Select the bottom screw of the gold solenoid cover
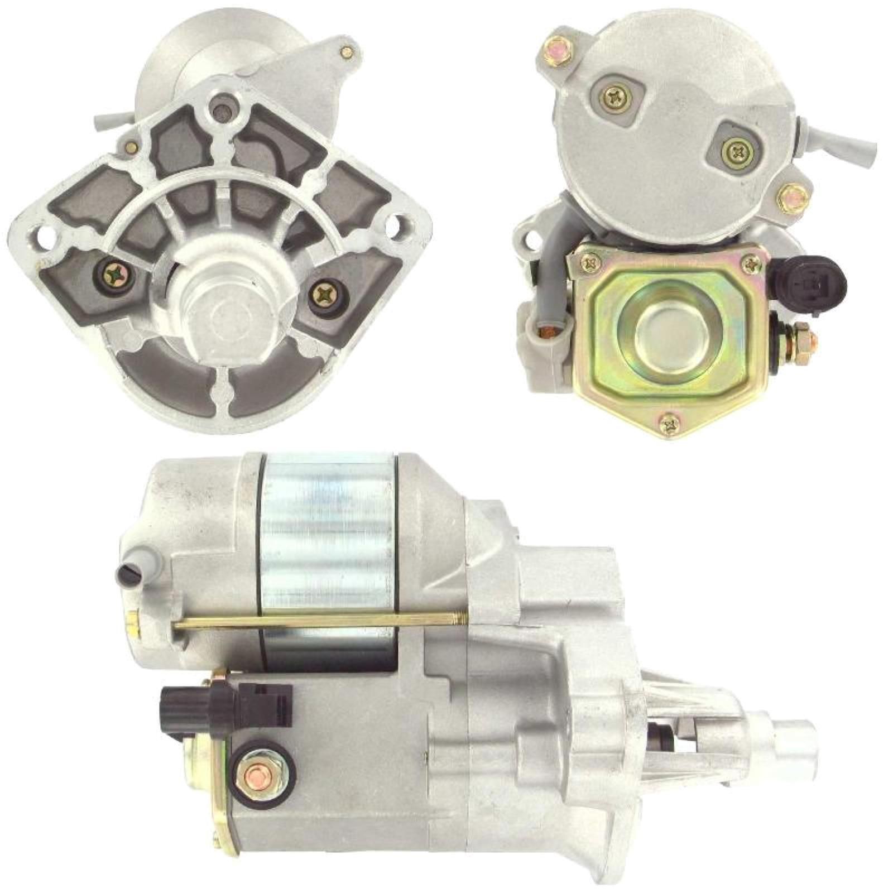click(x=669, y=426)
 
